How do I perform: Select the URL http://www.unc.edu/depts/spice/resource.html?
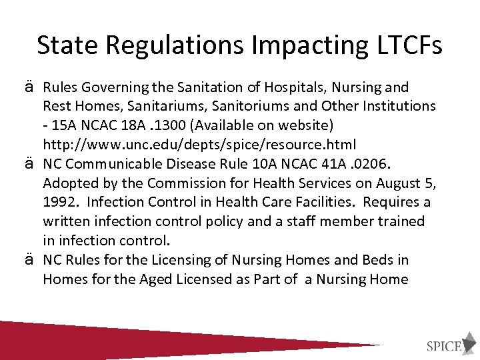199,144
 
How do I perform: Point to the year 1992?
59,202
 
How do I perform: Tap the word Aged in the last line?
156,279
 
